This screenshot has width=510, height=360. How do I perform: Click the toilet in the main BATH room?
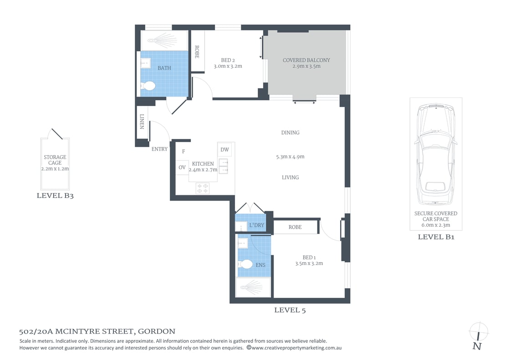[148, 86]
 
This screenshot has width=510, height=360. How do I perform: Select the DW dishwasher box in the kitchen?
[224, 150]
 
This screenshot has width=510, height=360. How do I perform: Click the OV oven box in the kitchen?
[182, 167]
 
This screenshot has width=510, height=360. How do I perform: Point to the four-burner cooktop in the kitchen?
[203, 188]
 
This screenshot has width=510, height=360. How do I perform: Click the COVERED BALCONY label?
[306, 60]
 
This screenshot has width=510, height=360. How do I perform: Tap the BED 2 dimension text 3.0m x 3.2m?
[228, 66]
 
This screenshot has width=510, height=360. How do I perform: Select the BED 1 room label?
[309, 257]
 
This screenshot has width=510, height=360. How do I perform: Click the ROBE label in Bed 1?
[295, 227]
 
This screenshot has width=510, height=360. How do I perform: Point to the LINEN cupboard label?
[142, 122]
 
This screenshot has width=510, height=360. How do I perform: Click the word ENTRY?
[159, 149]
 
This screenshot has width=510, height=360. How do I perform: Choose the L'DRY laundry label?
[256, 225]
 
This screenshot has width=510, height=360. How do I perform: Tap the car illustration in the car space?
[436, 155]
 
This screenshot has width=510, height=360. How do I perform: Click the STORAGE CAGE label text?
[55, 160]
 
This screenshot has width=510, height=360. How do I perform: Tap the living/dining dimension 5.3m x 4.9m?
[290, 157]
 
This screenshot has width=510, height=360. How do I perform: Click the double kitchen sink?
[224, 166]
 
